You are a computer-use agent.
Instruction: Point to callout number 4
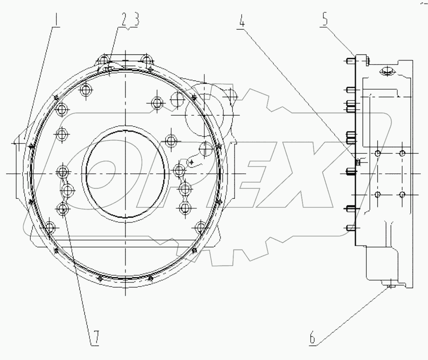(242, 22)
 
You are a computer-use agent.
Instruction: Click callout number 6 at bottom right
(312, 337)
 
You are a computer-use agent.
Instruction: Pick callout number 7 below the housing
(95, 338)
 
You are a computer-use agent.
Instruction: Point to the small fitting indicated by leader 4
(358, 161)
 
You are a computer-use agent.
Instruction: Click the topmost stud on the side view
(349, 61)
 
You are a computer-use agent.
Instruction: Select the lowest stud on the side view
(350, 228)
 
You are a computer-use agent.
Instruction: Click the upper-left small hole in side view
(377, 153)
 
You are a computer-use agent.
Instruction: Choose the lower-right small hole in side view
(402, 194)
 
